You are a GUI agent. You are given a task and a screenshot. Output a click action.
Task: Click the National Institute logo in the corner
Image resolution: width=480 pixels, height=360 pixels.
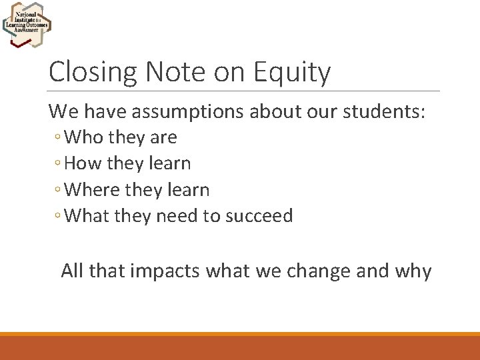pyautogui.click(x=26, y=24)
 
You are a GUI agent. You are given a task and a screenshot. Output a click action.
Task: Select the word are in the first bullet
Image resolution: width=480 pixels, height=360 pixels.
pyautogui.click(x=164, y=137)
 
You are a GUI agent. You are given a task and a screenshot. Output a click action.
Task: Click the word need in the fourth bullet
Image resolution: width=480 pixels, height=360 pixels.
pyautogui.click(x=175, y=216)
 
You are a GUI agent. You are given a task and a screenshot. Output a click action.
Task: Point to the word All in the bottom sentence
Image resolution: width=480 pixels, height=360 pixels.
pyautogui.click(x=73, y=271)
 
